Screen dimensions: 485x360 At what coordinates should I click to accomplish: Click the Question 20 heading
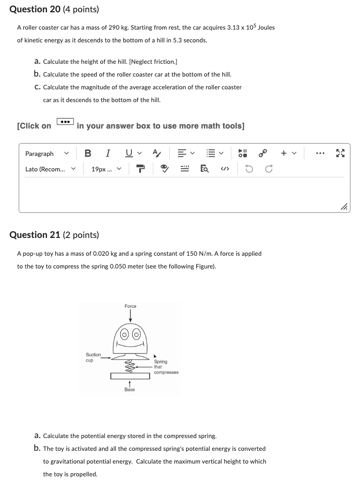[x=54, y=9]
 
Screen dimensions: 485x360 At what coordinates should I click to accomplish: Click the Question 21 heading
[x=54, y=235]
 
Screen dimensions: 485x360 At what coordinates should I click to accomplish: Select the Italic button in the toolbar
[x=108, y=154]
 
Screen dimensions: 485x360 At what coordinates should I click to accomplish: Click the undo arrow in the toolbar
[x=249, y=169]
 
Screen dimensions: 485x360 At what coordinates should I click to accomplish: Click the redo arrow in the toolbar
[x=269, y=169]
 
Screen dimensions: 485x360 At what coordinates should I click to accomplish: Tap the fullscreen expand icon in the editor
[x=340, y=154]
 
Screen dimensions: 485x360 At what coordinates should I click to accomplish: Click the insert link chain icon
[x=263, y=154]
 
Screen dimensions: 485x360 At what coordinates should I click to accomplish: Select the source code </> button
[x=224, y=169]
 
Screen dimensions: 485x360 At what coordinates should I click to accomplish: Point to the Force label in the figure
[x=130, y=306]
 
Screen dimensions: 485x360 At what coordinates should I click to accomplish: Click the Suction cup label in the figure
[x=93, y=357]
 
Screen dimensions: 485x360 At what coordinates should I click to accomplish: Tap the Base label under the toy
[x=130, y=390]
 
